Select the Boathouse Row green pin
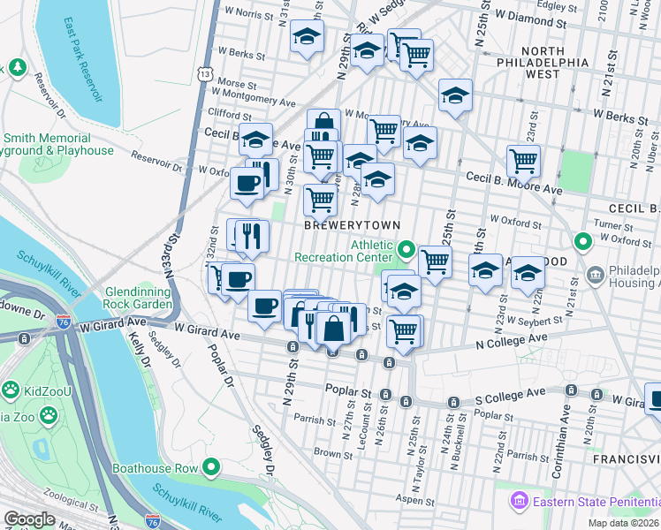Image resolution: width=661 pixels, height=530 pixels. tap(210, 466)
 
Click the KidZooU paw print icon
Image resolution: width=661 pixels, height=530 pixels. tap(11, 389)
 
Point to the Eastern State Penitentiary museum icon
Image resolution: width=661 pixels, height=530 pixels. tap(519, 501)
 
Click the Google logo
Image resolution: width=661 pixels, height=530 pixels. tap(29, 519)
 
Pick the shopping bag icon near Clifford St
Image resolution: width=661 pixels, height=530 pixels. tap(323, 123)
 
